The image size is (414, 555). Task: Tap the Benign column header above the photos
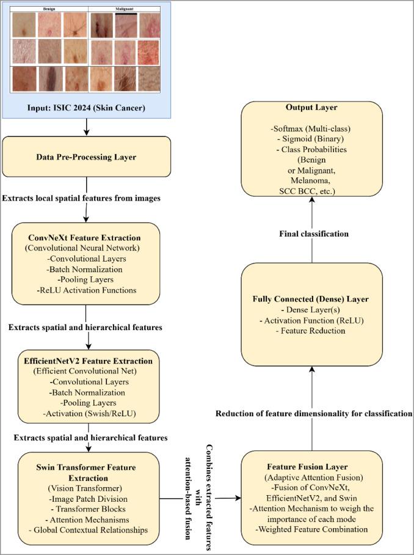(x=50, y=10)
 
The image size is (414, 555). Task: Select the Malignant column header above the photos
(x=125, y=10)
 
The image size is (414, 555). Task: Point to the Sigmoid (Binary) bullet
(x=311, y=139)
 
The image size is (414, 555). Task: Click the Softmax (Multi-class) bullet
(x=311, y=130)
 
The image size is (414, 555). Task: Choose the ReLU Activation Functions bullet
(x=86, y=290)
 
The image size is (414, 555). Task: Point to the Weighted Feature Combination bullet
(x=311, y=529)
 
